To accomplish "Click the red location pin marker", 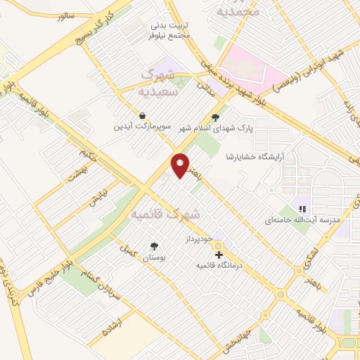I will point(181,165).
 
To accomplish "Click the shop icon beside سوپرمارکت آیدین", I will point(143,115).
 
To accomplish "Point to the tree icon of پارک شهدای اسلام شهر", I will point(215,118).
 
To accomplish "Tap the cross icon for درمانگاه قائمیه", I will point(219,254).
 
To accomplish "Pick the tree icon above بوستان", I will point(154,246).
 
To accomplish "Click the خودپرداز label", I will point(207,240).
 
